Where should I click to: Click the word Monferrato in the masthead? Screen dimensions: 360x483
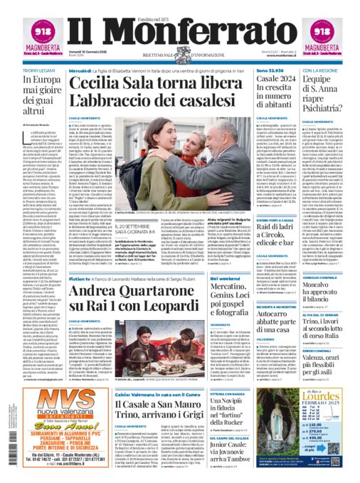pyautogui.click(x=179, y=31)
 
